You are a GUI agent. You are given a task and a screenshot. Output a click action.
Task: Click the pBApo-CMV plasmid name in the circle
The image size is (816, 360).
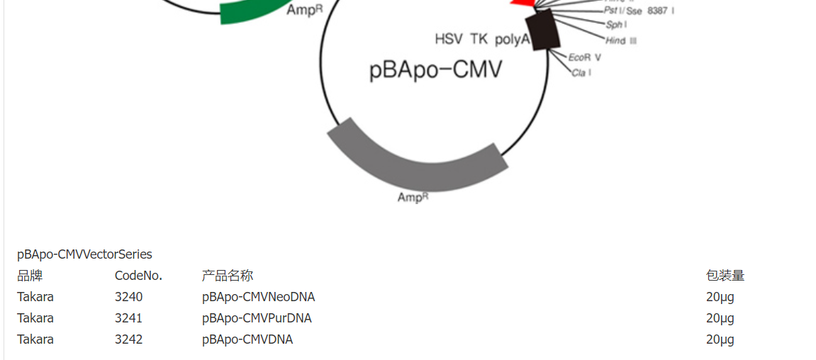pos(435,70)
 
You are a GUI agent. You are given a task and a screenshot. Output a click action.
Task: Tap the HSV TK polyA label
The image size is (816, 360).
pos(482,39)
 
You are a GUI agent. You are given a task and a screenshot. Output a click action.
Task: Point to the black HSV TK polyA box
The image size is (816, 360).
pos(547,30)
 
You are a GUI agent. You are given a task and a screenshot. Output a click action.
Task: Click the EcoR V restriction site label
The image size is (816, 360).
pos(585,57)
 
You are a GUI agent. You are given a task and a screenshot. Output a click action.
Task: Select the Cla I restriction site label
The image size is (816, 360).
pos(581,72)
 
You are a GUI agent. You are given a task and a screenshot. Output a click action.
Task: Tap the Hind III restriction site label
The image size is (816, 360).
pos(621,40)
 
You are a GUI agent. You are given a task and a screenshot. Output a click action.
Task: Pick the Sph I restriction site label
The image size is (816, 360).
pos(616,25)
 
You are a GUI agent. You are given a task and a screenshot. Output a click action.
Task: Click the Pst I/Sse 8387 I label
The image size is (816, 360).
pos(639,11)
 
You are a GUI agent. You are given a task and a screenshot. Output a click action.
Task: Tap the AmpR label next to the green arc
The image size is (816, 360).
pos(306,11)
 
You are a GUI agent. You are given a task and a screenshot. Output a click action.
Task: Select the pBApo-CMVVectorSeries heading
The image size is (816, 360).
pos(84,254)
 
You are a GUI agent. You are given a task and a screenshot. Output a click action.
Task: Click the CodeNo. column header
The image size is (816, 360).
pos(138,276)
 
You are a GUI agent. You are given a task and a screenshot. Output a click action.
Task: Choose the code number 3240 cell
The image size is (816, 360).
pos(128,297)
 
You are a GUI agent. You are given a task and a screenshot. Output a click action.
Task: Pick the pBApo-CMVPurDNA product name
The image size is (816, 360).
pos(257,318)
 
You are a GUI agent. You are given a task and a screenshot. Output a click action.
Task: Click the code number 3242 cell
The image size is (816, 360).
pos(128,339)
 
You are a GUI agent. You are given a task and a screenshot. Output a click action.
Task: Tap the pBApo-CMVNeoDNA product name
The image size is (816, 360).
pos(258,297)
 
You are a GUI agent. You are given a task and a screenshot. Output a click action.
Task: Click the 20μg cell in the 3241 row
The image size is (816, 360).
pos(720,318)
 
